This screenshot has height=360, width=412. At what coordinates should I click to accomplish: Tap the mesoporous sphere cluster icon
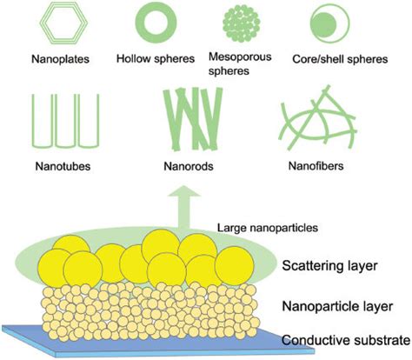coord(241,23)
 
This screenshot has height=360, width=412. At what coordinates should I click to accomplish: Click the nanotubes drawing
coord(33,122)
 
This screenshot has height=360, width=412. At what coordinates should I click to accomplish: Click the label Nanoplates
coord(60,59)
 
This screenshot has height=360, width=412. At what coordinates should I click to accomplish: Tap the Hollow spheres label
coord(156,59)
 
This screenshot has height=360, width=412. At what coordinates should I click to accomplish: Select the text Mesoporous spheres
coord(240,63)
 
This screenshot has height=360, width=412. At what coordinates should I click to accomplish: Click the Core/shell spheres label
coord(340,59)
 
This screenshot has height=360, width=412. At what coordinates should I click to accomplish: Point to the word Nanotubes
coord(63,166)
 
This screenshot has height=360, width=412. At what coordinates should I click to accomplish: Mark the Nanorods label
coord(189,166)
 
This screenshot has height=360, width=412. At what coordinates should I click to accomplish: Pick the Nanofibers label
coord(316,166)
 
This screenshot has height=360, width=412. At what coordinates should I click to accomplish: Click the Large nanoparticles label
coord(268,228)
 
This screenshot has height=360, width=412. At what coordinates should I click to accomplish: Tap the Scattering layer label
coord(330,266)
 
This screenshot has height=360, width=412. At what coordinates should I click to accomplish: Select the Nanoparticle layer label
coord(337,306)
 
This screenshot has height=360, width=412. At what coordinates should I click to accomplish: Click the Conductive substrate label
coord(347,340)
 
